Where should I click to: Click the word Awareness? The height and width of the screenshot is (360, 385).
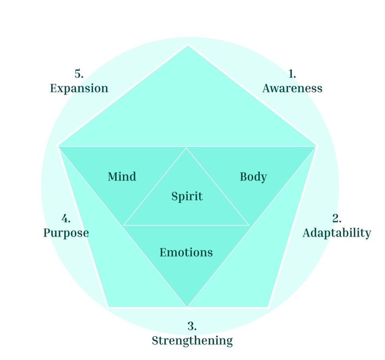coord(292,88)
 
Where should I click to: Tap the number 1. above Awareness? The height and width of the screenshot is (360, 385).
coord(292,74)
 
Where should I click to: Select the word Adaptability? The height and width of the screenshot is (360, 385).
coord(337,233)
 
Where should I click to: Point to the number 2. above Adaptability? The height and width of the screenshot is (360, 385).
coord(337,219)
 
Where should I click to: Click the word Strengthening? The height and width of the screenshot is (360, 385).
coord(192,341)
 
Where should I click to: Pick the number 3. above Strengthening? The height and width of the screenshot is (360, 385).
coord(192,326)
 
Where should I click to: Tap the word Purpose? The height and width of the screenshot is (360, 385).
coord(66,233)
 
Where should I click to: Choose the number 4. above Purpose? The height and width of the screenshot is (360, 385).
coord(66,219)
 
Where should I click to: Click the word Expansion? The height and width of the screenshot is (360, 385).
coord(79,88)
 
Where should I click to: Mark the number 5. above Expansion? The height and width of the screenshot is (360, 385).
coord(79,74)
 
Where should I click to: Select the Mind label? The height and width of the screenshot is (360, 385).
coord(122,176)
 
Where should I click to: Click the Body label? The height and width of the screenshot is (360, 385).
coord(253,176)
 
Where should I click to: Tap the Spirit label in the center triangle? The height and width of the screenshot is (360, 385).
coord(187,196)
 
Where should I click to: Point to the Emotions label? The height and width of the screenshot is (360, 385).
coord(186,252)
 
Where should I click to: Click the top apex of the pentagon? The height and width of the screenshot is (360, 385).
coord(188,45)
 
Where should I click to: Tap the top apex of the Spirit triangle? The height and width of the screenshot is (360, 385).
coord(187,148)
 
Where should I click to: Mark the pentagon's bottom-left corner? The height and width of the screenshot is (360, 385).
coord(108,307)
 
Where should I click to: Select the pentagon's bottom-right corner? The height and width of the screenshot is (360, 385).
coord(268,307)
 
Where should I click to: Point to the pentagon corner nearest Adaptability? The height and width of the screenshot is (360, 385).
coord(317,146)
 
